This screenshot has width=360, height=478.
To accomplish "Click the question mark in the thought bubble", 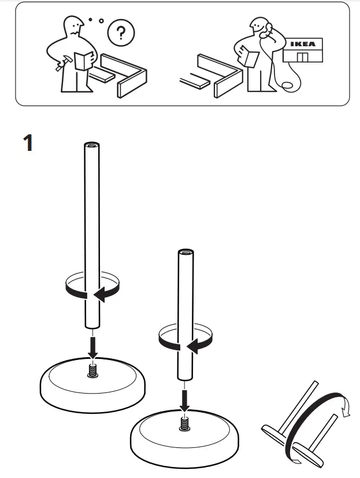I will (x=120, y=33).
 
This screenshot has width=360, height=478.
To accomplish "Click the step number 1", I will (x=27, y=142).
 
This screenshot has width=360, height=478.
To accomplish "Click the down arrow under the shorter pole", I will (x=184, y=398).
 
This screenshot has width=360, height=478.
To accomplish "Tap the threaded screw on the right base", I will (x=184, y=424).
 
